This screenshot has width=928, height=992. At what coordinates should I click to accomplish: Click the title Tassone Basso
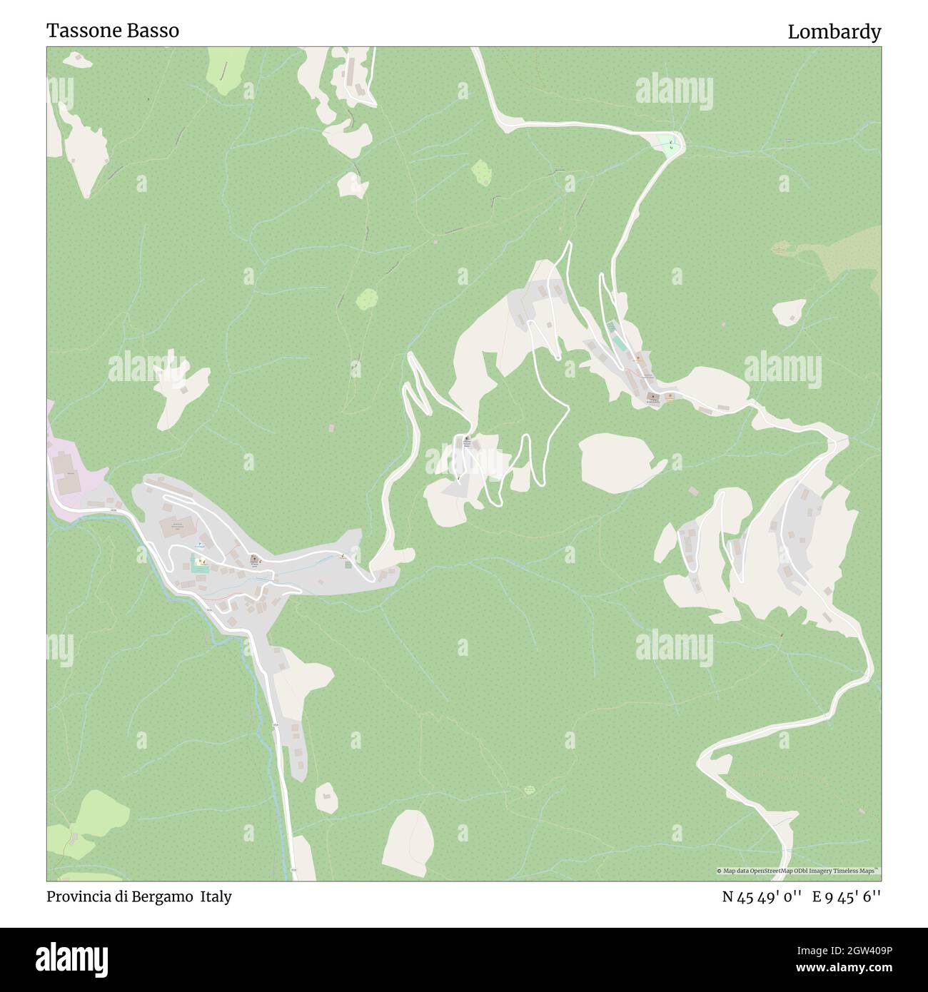(113, 31)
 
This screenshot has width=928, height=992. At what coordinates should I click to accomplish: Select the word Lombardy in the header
(834, 32)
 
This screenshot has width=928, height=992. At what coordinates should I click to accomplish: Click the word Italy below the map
(216, 896)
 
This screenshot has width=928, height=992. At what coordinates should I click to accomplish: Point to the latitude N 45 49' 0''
(763, 896)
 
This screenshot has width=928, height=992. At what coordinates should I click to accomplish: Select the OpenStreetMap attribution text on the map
(799, 871)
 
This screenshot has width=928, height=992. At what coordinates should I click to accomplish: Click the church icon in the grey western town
(253, 560)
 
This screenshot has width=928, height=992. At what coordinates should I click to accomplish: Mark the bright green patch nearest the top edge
(224, 72)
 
